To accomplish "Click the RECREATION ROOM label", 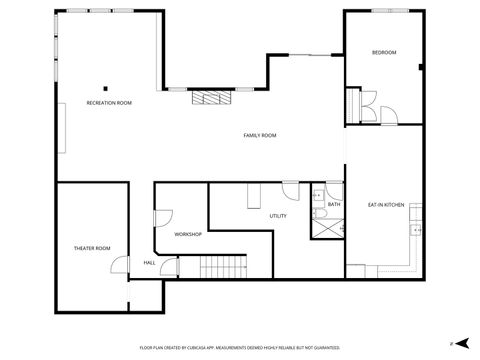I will point(109,103).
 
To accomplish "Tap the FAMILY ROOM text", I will point(260,135).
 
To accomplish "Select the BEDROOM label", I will point(384,52).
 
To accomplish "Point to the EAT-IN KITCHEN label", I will point(385,204).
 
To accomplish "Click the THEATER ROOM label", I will point(91,247).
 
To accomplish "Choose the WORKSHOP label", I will point(188,234).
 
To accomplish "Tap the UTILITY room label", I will point(278,216).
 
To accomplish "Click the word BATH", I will point(334,204).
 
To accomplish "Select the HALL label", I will point(149,262).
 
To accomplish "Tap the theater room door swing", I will point(119,265).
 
